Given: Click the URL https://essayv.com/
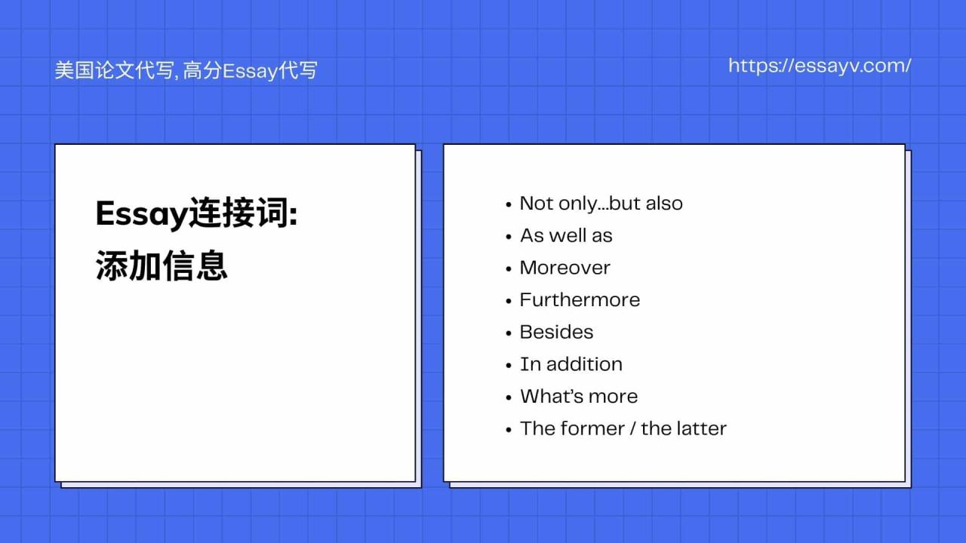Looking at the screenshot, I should pyautogui.click(x=820, y=66).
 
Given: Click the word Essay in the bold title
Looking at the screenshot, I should pyautogui.click(x=141, y=215).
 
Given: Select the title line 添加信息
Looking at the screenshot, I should pyautogui.click(x=162, y=266).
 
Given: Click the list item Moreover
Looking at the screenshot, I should pyautogui.click(x=565, y=268).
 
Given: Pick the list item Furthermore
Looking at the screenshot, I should pyautogui.click(x=580, y=300).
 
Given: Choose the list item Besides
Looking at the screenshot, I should pyautogui.click(x=556, y=332).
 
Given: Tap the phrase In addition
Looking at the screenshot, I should pyautogui.click(x=571, y=364).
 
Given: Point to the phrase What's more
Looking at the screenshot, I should pyautogui.click(x=578, y=397).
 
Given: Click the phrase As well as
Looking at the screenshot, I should pyautogui.click(x=566, y=235).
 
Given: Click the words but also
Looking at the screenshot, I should pyautogui.click(x=645, y=204).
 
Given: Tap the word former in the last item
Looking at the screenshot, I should pyautogui.click(x=593, y=428).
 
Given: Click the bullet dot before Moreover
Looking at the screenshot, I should pyautogui.click(x=509, y=269).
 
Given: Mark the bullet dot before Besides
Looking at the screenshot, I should pyautogui.click(x=509, y=333).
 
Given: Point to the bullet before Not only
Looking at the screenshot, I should pyautogui.click(x=509, y=205).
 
